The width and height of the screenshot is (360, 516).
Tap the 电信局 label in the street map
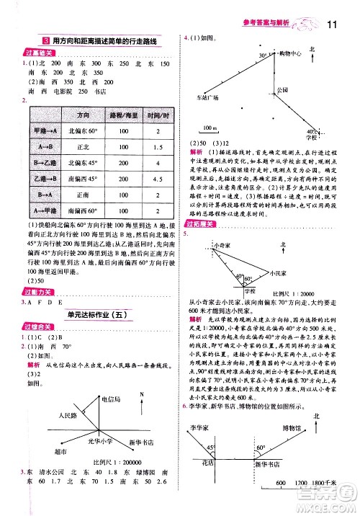click(112, 398)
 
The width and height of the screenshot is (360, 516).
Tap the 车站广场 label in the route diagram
click(208, 95)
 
